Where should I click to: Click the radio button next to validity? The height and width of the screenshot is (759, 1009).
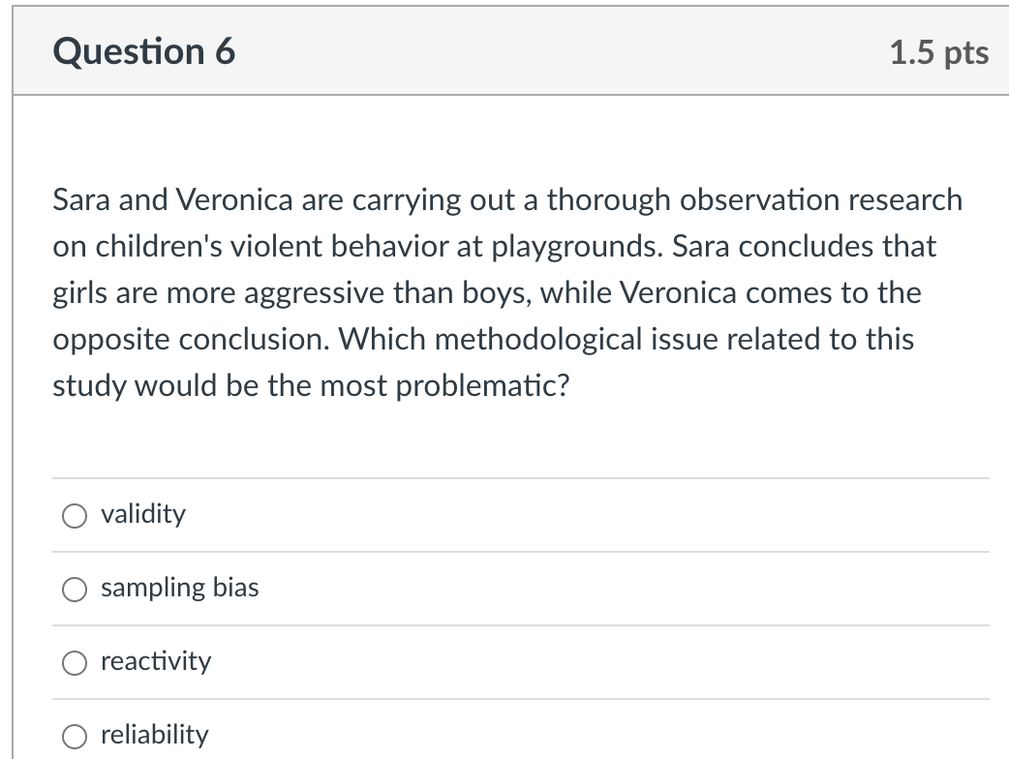coord(76,516)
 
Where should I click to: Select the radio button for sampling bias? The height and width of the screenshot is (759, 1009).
coord(76,590)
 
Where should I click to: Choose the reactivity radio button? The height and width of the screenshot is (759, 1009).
coord(76,663)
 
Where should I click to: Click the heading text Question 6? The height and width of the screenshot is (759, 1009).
coord(144,51)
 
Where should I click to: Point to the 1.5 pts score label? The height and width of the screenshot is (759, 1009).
coord(938,52)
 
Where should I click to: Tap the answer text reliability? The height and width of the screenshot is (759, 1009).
coord(154,735)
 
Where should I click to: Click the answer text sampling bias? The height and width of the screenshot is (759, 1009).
coord(179,588)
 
